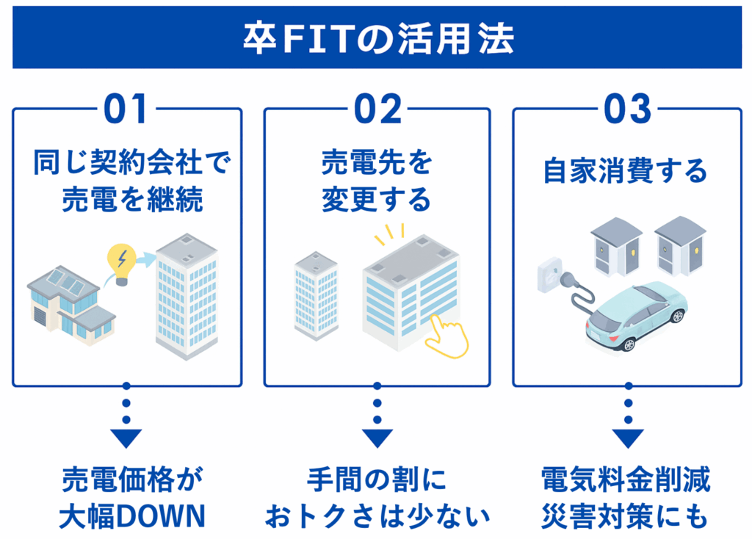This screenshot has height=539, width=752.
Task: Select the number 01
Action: tap(126, 110)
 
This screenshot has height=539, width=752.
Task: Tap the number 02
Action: tap(377, 110)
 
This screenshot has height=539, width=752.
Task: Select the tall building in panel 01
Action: tap(187, 294)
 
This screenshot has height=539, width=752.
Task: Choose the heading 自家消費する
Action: tap(626, 173)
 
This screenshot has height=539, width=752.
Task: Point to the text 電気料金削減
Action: tap(626, 481)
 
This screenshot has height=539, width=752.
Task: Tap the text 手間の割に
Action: tap(377, 481)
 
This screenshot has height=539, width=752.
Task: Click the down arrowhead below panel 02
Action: tap(377, 438)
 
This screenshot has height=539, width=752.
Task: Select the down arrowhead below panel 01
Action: tap(126, 438)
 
